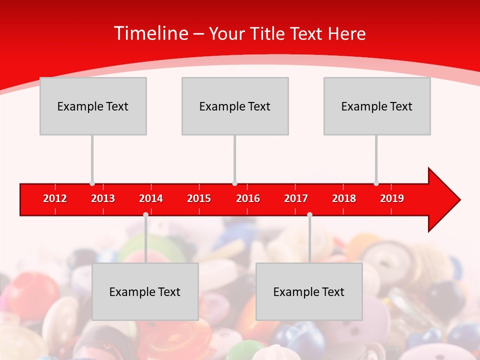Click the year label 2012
(55, 198)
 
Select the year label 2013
(103, 198)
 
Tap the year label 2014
(151, 198)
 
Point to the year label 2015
(199, 198)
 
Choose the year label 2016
(248, 198)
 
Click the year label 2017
(296, 198)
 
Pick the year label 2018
(344, 198)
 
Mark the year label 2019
(392, 198)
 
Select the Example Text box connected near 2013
(93, 106)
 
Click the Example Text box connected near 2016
(235, 106)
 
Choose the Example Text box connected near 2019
(377, 106)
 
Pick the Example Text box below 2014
(145, 291)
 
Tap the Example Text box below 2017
(309, 291)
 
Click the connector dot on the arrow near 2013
(92, 183)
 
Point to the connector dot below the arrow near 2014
(145, 214)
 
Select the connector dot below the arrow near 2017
(309, 214)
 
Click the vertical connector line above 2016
(234, 157)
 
